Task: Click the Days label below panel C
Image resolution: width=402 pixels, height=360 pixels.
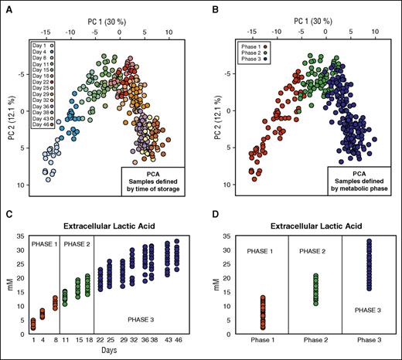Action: (104, 351)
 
